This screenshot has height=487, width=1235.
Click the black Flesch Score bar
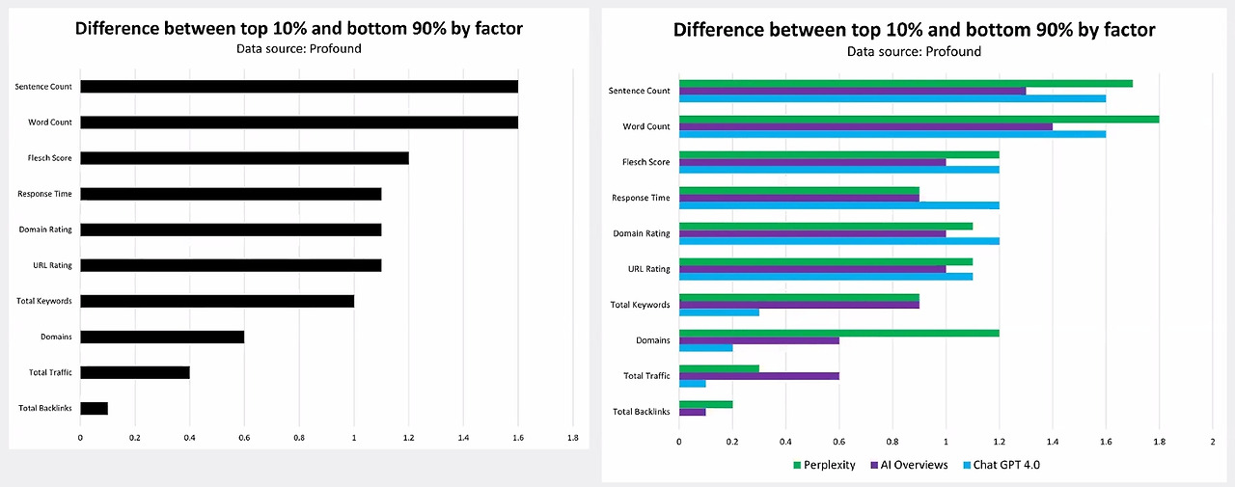pyautogui.click(x=244, y=158)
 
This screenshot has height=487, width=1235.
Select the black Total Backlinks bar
pyautogui.click(x=94, y=408)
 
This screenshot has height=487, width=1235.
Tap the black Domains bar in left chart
pyautogui.click(x=162, y=337)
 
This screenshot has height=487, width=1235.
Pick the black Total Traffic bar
pyautogui.click(x=135, y=372)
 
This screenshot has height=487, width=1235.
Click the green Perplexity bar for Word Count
pyautogui.click(x=919, y=119)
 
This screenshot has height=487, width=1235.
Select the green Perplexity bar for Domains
pyautogui.click(x=839, y=333)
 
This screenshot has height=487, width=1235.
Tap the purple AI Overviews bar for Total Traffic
pyautogui.click(x=759, y=376)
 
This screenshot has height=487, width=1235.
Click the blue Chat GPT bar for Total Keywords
pyautogui.click(x=719, y=312)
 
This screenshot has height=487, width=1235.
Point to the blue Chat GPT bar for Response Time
pyautogui.click(x=839, y=205)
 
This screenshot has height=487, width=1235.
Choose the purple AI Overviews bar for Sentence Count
pyautogui.click(x=852, y=91)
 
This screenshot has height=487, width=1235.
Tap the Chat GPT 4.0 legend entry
pyautogui.click(x=1003, y=465)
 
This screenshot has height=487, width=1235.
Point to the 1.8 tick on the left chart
pyautogui.click(x=572, y=437)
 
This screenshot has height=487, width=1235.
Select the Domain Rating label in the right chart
pyautogui.click(x=642, y=233)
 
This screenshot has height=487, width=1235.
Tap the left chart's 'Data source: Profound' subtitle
pyautogui.click(x=299, y=48)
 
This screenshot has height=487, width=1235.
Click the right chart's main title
pyautogui.click(x=914, y=30)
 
